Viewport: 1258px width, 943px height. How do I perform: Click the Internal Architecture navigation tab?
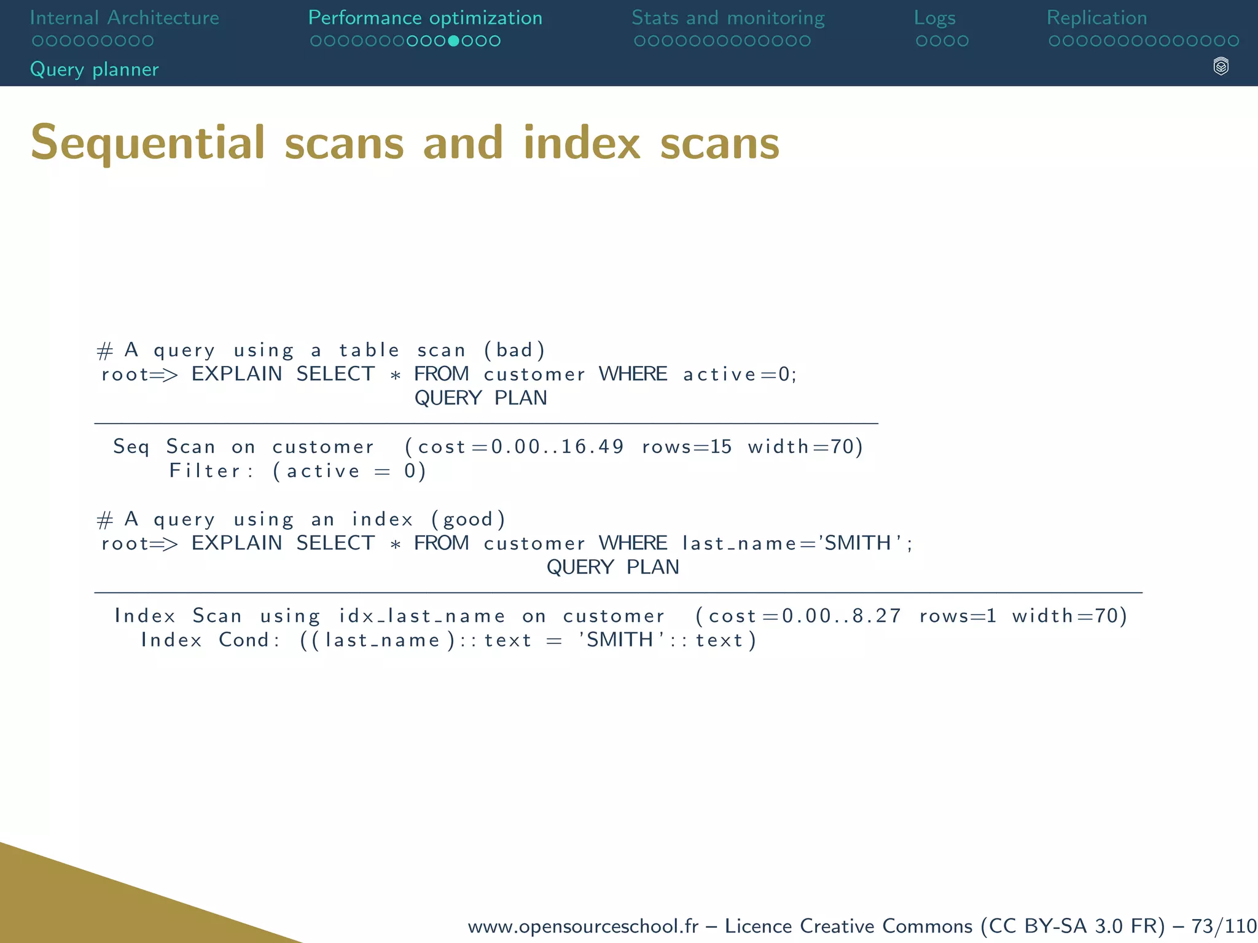tap(124, 18)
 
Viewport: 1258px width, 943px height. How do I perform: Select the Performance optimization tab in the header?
tap(425, 18)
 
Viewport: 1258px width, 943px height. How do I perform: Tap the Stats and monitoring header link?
tap(728, 18)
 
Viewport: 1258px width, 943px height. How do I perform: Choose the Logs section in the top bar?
tap(934, 18)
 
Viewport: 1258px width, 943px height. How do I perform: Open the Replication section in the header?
tap(1096, 18)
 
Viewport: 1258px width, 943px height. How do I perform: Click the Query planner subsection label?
tap(95, 69)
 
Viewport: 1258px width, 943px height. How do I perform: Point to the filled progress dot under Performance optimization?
tap(453, 41)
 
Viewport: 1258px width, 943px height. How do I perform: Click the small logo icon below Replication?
tap(1221, 66)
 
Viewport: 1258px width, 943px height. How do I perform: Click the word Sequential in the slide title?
tap(147, 144)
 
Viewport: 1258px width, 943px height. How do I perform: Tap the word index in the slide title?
tap(582, 144)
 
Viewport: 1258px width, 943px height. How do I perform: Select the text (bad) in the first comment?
tap(514, 350)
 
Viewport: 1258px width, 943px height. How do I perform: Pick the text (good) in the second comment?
tap(468, 519)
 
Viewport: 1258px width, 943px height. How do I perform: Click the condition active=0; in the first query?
tap(740, 374)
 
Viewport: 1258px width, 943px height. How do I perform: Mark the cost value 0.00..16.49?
tap(557, 446)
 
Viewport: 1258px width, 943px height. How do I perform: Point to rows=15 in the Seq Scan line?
tap(687, 446)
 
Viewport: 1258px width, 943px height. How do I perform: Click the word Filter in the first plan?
tap(205, 471)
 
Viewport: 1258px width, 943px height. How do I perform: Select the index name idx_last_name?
tap(422, 616)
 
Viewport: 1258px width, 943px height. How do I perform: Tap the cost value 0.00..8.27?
tap(841, 616)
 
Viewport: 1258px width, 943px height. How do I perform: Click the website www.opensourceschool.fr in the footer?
tap(583, 926)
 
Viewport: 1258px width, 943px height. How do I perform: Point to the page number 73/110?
tap(1224, 926)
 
